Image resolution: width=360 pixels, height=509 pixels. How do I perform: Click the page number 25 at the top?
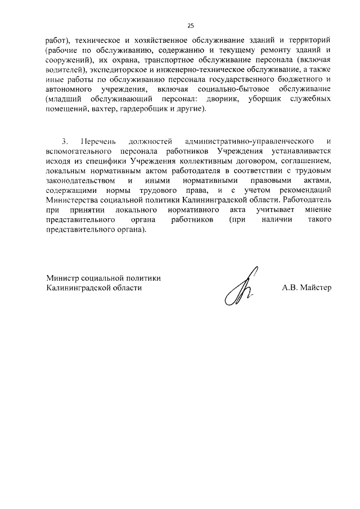pos(190,25)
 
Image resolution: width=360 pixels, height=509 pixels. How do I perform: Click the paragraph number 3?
pos(65,141)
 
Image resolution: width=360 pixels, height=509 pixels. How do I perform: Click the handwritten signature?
pos(240,286)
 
